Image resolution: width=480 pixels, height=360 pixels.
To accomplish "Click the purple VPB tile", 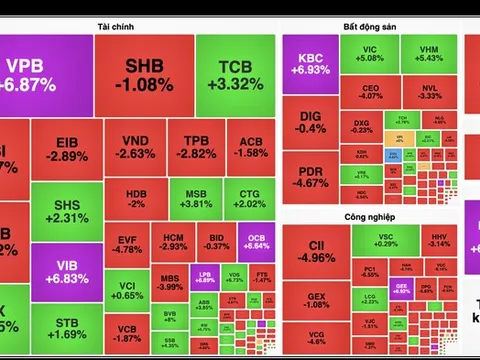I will tap(30, 75).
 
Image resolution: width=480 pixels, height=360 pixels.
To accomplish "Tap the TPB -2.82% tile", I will tap(195, 147).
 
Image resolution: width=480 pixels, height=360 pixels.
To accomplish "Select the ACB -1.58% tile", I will tap(248, 147).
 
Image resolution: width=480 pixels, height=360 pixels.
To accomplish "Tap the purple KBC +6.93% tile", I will tap(310, 65).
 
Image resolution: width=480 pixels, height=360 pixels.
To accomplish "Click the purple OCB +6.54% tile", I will tap(251, 240).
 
